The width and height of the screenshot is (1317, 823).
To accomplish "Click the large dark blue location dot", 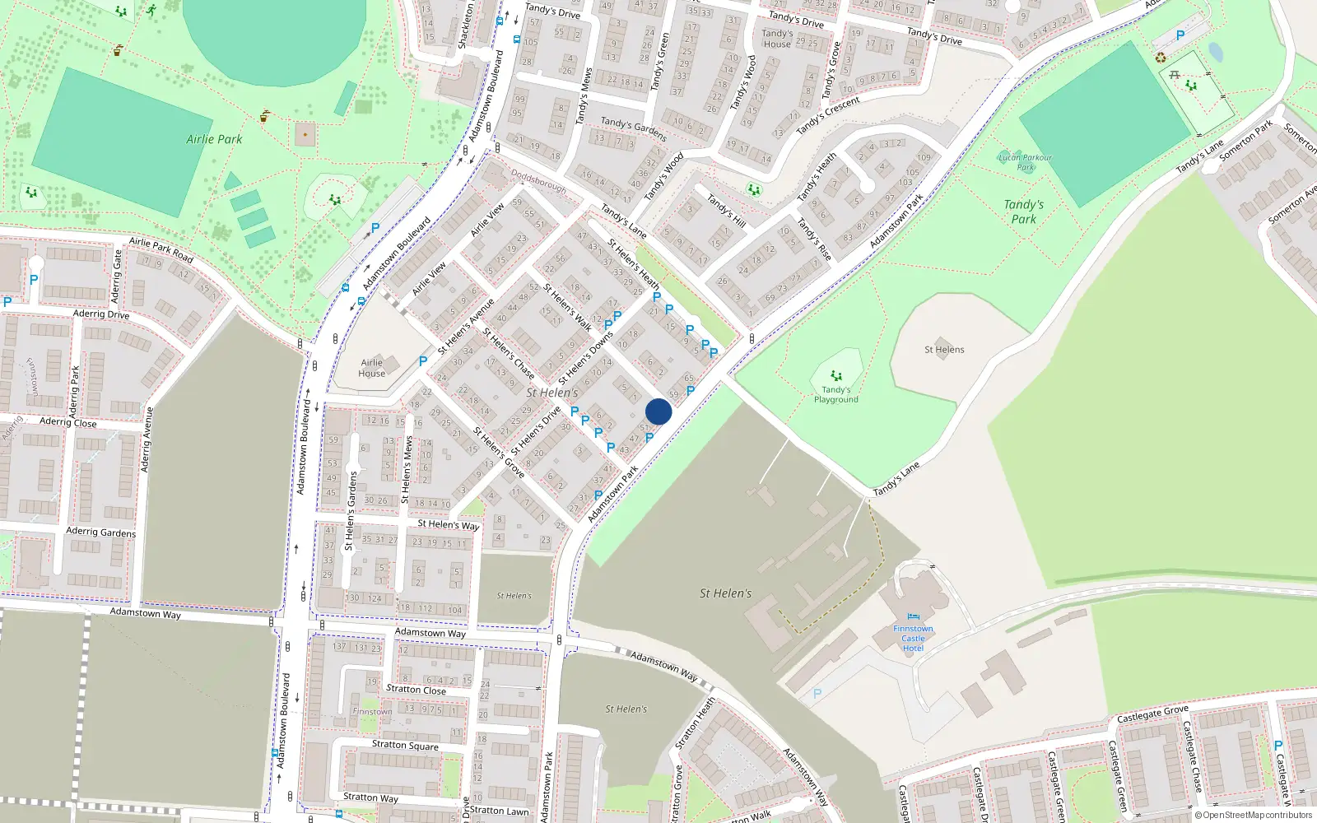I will tap(658, 411).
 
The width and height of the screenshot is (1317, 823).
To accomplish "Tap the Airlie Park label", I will tap(214, 139).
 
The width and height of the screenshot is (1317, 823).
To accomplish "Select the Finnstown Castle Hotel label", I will tap(913, 639).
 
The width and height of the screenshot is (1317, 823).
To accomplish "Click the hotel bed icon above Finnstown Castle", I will tap(913, 616).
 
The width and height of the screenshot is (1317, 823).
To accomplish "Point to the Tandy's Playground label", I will tap(835, 395).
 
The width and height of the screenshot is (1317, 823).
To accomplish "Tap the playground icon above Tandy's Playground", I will tap(836, 376).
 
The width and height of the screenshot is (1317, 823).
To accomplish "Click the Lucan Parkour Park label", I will tap(1025, 162).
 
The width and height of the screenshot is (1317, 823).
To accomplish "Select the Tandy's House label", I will tap(777, 39).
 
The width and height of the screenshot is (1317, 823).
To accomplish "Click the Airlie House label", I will tap(372, 368).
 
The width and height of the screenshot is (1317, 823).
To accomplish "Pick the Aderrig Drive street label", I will tap(101, 314).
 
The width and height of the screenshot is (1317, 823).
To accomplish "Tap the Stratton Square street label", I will tap(405, 745).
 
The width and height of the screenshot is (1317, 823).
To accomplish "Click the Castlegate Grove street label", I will tap(1152, 714).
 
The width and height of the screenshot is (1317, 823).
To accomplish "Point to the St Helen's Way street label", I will tap(448, 524).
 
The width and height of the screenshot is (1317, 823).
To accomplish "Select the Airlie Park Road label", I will tap(161, 249).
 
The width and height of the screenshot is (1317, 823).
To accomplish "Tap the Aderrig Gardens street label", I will tap(101, 532).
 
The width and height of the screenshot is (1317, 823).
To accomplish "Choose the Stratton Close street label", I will tap(416, 690).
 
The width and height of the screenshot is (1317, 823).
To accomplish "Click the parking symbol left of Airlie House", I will tap(423, 360).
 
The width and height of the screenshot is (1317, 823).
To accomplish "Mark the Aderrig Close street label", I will tap(68, 422).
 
